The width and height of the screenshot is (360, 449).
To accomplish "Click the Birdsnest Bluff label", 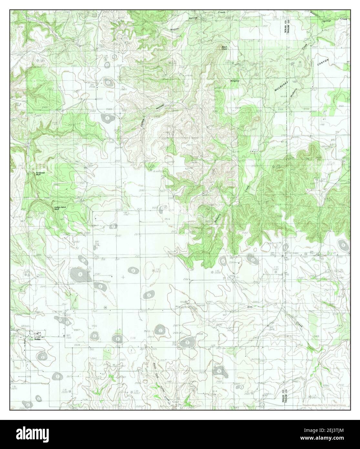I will coord(40,173).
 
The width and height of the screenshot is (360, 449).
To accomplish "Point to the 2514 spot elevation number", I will coord(167,219).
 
